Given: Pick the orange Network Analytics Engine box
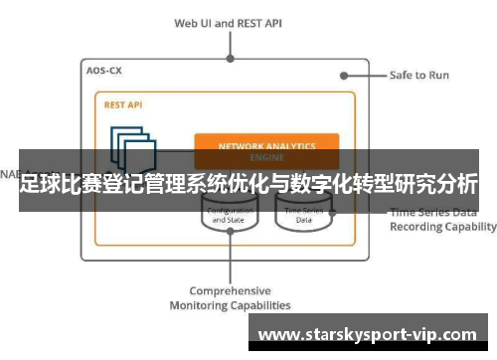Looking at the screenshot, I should (265, 146).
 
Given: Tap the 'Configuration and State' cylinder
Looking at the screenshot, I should (229, 215).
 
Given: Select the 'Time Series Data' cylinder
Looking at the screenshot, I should (303, 215).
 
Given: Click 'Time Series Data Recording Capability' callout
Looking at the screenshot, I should (442, 219).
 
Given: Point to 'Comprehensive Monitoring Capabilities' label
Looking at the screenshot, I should (230, 297).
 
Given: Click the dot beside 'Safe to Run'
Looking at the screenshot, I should (344, 75).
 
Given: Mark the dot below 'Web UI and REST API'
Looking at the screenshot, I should (230, 58).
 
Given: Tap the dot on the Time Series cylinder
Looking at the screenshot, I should (332, 212).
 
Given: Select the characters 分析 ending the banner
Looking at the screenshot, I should (457, 184).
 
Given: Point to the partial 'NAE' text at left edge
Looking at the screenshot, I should (8, 172).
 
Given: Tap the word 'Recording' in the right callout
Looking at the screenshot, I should (418, 227).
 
